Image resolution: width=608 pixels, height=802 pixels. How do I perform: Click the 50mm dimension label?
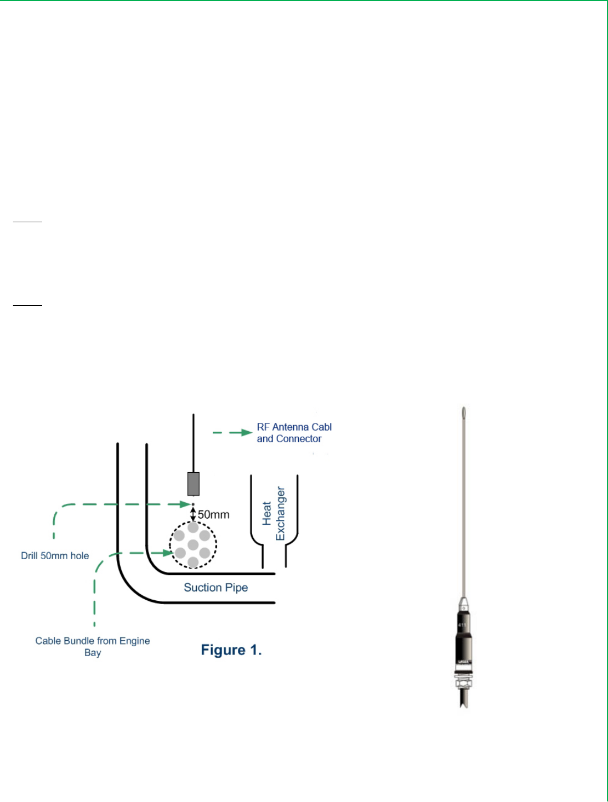tap(213, 515)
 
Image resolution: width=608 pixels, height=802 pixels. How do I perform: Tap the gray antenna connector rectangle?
tap(193, 484)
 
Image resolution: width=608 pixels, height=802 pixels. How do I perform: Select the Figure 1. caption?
tap(231, 650)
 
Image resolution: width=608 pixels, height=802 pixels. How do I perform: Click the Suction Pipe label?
tap(216, 588)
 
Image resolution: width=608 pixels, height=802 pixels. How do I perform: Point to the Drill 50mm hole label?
tap(55, 556)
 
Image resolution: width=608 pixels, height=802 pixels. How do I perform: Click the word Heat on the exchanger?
tap(267, 514)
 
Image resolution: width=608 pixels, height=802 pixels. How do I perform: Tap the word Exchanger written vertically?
tap(280, 514)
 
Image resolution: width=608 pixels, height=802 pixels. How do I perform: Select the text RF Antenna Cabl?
tap(294, 427)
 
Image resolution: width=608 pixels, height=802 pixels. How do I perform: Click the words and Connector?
tap(289, 439)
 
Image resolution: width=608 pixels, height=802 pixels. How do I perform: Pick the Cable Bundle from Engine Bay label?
tap(93, 646)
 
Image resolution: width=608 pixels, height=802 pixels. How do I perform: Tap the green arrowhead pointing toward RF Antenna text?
tap(247, 432)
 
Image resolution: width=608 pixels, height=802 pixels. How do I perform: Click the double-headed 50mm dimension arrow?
tap(193, 514)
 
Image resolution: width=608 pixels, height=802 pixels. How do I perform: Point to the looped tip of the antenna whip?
tap(463, 412)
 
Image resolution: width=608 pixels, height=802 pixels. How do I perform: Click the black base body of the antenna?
tap(464, 637)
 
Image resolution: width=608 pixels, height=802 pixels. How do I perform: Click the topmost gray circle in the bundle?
tap(193, 528)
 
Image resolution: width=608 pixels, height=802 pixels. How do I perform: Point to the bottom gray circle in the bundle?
tap(193, 563)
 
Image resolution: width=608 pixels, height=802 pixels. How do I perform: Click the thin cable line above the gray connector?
tap(193, 443)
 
